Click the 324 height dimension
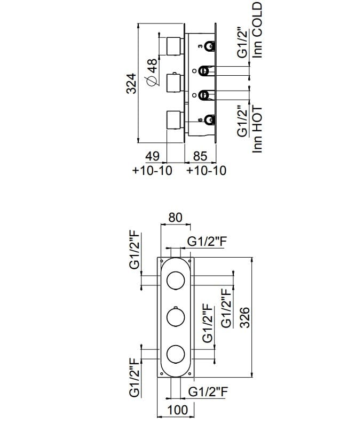click(132, 83)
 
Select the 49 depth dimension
click(153, 157)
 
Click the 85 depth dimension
click(199, 157)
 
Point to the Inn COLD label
click(258, 29)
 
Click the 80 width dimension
click(176, 218)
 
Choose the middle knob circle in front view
click(176, 317)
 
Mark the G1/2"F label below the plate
click(208, 391)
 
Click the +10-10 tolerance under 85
click(207, 171)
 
